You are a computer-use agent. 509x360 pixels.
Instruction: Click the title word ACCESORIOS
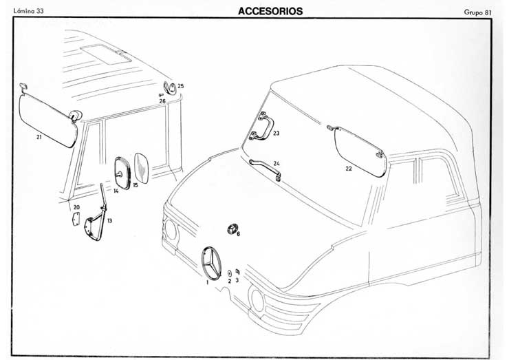coord(270,11)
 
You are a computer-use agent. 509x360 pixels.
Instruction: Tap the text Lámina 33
coord(29,12)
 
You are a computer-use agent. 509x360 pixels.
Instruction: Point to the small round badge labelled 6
coord(232,230)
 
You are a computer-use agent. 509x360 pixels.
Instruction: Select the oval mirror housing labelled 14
coord(122,171)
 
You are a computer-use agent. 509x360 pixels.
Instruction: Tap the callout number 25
coord(181,87)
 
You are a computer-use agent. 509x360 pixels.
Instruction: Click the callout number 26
coord(162,101)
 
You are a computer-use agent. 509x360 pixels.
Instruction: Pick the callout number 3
coord(237,281)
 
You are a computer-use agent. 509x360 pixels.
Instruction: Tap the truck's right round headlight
coord(258,299)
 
